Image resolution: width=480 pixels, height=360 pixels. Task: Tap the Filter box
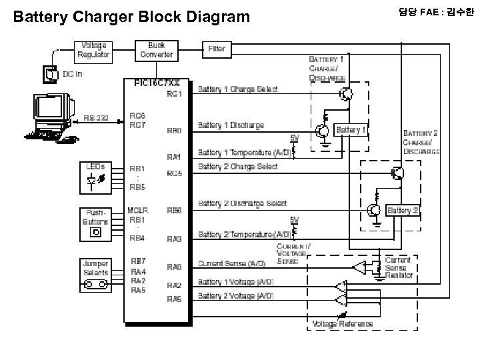[x=217, y=49]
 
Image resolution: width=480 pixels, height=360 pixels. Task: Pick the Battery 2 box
[x=402, y=211]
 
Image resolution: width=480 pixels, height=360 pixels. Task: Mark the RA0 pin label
[x=174, y=267]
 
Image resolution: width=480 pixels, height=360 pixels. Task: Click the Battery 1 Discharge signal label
[x=231, y=125]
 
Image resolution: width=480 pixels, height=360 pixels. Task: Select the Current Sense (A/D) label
[x=231, y=264]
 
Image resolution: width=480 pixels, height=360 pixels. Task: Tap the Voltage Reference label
[x=343, y=323]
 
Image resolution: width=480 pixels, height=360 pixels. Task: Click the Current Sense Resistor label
[x=399, y=267]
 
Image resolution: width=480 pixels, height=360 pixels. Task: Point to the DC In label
[x=73, y=73]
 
